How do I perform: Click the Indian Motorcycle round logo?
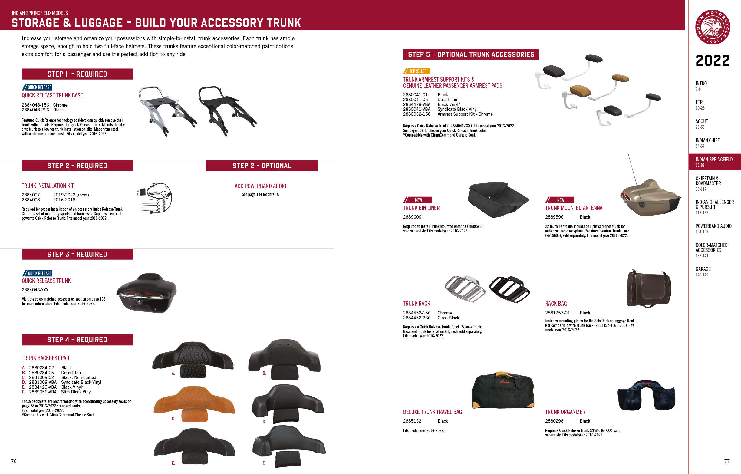point(713,27)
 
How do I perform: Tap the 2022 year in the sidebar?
point(713,60)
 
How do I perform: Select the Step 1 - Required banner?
point(77,74)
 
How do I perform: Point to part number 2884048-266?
point(35,110)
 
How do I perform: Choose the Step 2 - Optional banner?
point(262,166)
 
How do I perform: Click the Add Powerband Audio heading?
point(260,186)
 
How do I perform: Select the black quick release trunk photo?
point(147,293)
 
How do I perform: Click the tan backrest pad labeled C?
point(194,403)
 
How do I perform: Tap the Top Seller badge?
point(417,71)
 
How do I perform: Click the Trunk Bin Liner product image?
point(498,199)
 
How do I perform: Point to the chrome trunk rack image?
point(465,288)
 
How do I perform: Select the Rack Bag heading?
point(556,304)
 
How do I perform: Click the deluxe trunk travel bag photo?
point(503,390)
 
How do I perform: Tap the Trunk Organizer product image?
point(646,396)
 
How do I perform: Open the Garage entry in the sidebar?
point(703,269)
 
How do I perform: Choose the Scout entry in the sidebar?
point(702,122)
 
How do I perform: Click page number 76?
point(14,461)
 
